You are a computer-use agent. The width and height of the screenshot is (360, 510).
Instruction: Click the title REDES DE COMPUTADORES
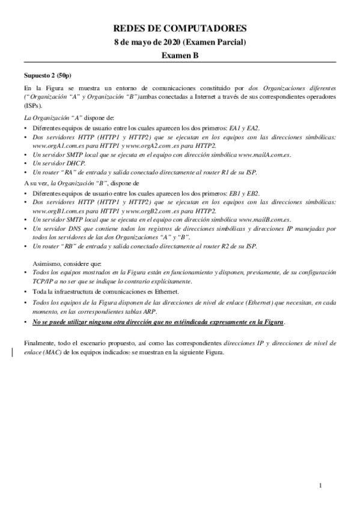pyautogui.click(x=180, y=28)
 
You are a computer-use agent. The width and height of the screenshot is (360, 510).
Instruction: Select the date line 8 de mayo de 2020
pyautogui.click(x=180, y=41)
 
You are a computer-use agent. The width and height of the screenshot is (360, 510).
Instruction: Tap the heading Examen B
pyautogui.click(x=180, y=55)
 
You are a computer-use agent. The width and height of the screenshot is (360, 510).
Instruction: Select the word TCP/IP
pyautogui.click(x=42, y=281)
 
